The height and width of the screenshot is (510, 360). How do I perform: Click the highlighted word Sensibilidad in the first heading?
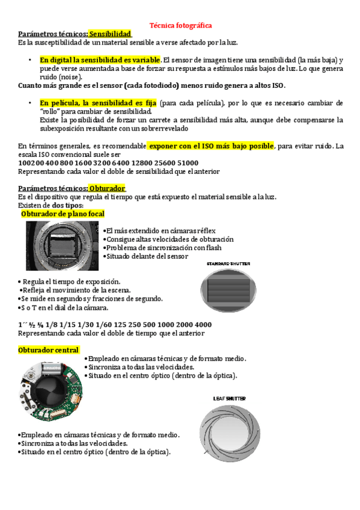[111, 34]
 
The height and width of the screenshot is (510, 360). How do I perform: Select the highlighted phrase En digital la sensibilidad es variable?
[100, 60]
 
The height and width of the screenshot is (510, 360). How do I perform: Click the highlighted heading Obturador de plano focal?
[63, 214]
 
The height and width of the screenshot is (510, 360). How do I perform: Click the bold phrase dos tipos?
[67, 205]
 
